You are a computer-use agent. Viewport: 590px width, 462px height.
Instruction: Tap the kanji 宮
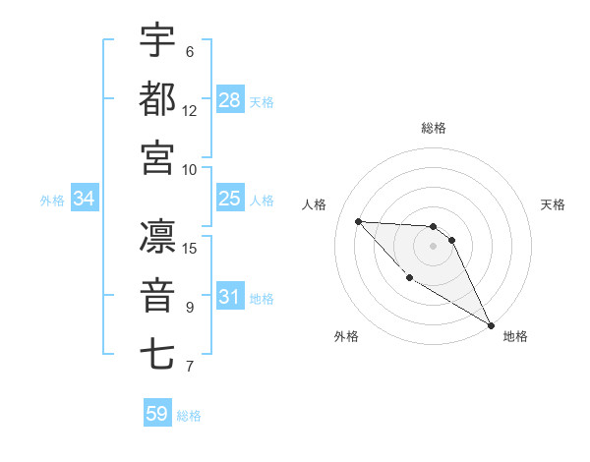click(x=158, y=156)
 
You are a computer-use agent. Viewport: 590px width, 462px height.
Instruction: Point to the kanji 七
click(x=158, y=354)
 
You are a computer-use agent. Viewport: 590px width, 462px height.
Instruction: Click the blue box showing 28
click(x=230, y=99)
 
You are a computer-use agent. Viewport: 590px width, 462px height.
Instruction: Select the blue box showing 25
click(x=230, y=199)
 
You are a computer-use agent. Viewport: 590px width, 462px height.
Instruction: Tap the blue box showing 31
click(x=230, y=297)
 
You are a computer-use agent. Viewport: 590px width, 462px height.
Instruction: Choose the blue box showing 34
click(x=85, y=199)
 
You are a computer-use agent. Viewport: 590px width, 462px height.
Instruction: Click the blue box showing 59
click(x=157, y=414)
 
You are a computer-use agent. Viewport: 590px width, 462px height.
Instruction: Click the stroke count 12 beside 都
click(x=190, y=110)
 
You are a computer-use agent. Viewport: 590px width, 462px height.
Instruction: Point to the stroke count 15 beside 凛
click(x=190, y=248)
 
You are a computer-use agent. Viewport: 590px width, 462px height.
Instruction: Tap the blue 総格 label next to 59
click(x=190, y=416)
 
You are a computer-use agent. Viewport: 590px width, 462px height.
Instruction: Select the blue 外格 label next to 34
click(x=52, y=201)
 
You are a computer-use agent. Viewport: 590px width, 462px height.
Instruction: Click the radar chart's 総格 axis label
click(x=434, y=128)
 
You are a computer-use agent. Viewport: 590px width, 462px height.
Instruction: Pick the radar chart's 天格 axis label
click(x=554, y=204)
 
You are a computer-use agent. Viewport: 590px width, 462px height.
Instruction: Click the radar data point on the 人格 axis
click(x=358, y=221)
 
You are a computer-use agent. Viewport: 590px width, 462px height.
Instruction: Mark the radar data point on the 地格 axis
click(x=492, y=325)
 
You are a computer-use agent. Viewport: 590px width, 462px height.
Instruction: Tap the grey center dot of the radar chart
click(x=434, y=246)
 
